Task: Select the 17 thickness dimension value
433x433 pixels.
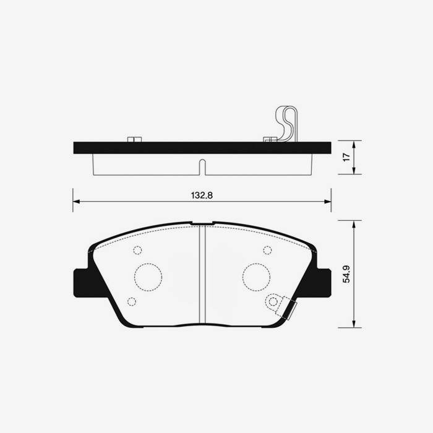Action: pos(347,157)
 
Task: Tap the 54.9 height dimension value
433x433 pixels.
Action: pos(346,274)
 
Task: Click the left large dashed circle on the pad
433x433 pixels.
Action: pos(148,277)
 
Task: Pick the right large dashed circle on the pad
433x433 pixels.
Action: pos(256,277)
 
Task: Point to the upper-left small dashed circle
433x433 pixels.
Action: pos(137,250)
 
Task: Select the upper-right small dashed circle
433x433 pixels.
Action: pos(267,250)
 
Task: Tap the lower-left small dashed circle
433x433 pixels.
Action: pos(131,301)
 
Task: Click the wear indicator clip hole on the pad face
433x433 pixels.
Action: pos(272,302)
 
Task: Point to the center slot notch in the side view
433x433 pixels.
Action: pos(202,167)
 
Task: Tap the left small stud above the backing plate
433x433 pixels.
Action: pos(134,139)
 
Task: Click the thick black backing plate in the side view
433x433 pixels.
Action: pos(202,148)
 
